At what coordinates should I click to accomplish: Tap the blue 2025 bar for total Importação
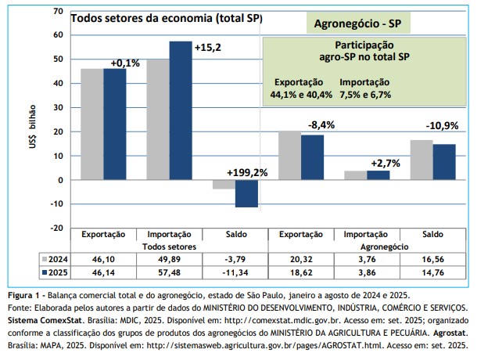tap(180, 110)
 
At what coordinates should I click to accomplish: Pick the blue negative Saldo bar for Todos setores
tap(246, 193)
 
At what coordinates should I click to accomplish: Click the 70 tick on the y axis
tap(59, 12)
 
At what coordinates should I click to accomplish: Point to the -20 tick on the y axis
tap(56, 228)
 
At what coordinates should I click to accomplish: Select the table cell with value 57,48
tap(170, 272)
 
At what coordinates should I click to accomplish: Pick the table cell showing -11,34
tap(235, 272)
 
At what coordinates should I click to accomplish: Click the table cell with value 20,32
tap(301, 257)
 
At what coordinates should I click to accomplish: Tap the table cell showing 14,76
tap(432, 272)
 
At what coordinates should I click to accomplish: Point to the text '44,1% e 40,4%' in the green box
tap(302, 94)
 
